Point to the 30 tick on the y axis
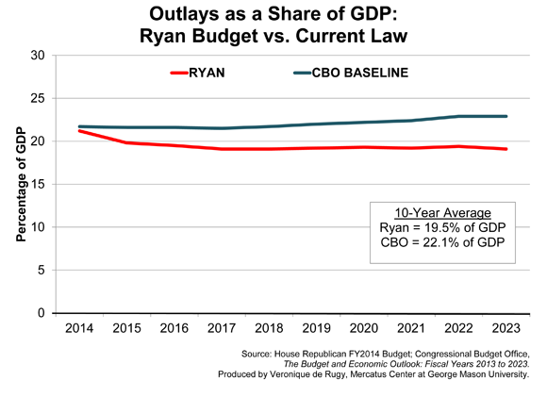(x=38, y=55)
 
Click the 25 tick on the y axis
(x=38, y=98)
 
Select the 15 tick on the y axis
(x=38, y=184)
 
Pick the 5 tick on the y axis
(x=41, y=270)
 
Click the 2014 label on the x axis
(x=79, y=329)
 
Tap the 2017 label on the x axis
(x=221, y=329)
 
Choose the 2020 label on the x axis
(x=362, y=329)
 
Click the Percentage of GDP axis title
(x=19, y=184)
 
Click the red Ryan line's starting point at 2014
(x=79, y=131)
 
